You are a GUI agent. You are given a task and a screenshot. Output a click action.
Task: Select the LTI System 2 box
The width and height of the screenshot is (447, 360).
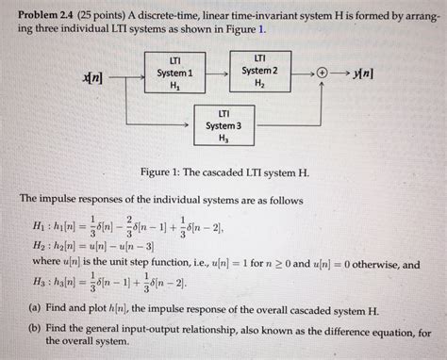pos(259,71)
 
